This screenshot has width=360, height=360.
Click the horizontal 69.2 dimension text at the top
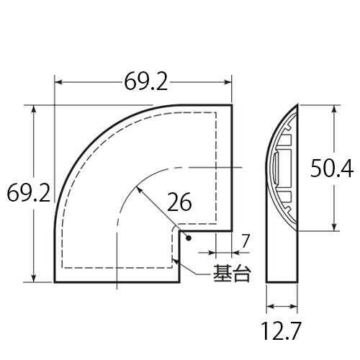tap(144, 83)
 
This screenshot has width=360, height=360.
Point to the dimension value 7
tap(246, 240)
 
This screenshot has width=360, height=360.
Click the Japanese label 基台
tap(230, 274)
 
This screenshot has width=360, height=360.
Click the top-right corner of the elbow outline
tap(232, 106)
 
